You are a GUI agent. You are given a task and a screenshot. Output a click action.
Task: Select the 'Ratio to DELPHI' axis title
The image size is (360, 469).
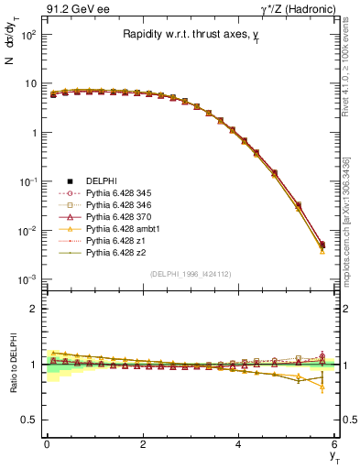[12, 365]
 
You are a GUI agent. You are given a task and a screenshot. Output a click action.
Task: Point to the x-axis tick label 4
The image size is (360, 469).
[239, 444]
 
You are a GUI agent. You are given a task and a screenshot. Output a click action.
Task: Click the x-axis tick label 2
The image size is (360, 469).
[143, 444]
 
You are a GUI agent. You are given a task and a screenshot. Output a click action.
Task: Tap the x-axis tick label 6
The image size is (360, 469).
[334, 444]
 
